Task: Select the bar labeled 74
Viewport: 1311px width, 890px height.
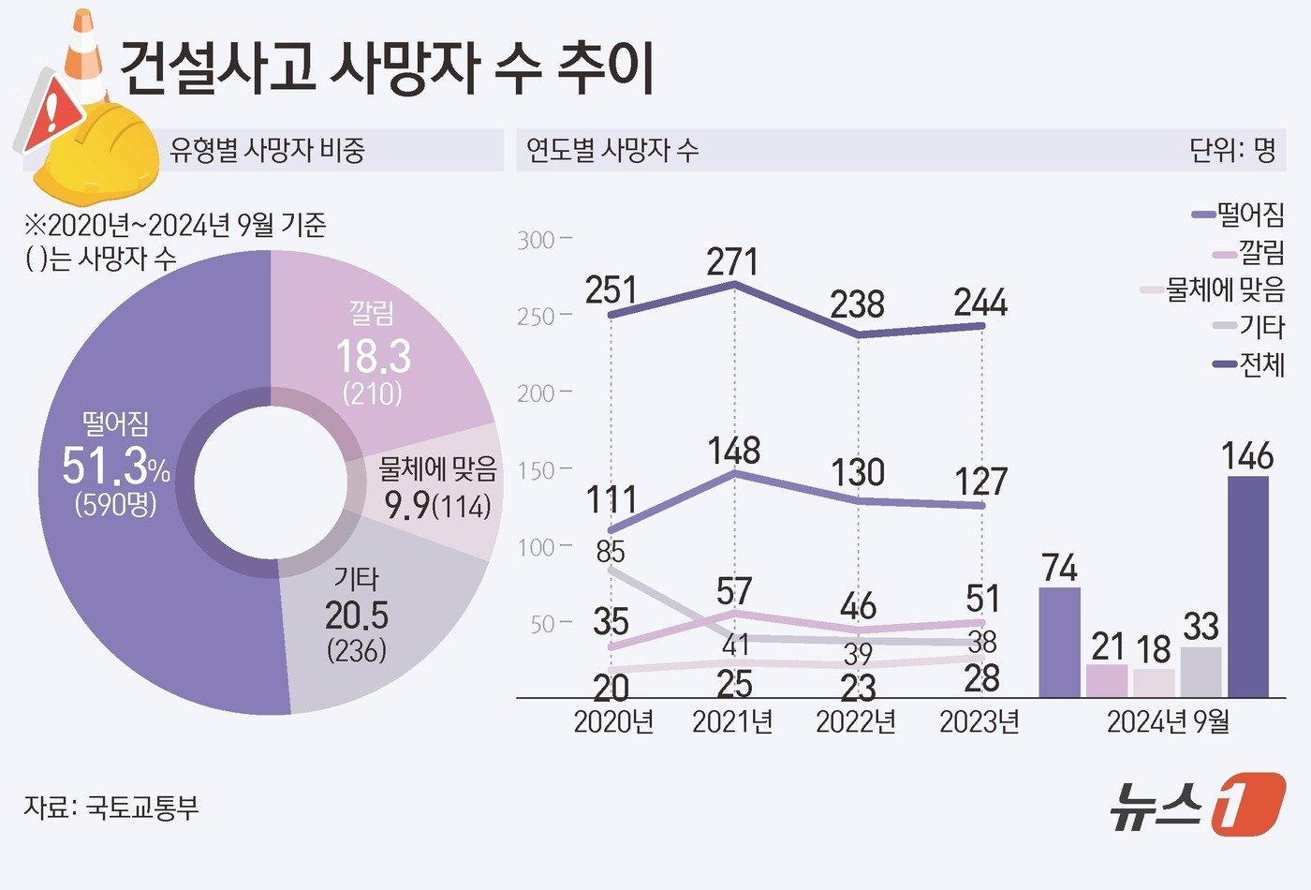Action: tap(1060, 643)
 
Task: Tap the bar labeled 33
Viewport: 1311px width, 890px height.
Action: tap(1201, 672)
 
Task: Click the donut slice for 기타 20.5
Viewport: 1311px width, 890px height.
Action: tap(375, 618)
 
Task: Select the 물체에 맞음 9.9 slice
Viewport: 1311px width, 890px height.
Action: tap(435, 492)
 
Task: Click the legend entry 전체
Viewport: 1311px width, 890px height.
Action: tap(1250, 364)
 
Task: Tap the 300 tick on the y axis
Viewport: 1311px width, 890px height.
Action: tap(538, 240)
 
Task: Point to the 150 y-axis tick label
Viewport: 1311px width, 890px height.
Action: tap(538, 470)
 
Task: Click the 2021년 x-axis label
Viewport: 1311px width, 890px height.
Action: tap(732, 722)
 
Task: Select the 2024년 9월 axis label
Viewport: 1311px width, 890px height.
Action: tap(1168, 722)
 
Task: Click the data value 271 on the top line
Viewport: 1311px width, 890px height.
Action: tap(733, 261)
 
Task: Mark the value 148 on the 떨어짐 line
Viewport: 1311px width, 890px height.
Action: tap(734, 451)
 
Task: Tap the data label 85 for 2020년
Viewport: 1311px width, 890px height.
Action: tap(611, 551)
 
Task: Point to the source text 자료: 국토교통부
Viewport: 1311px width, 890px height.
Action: tap(111, 808)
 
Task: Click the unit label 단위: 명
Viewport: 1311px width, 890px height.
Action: tap(1232, 150)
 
